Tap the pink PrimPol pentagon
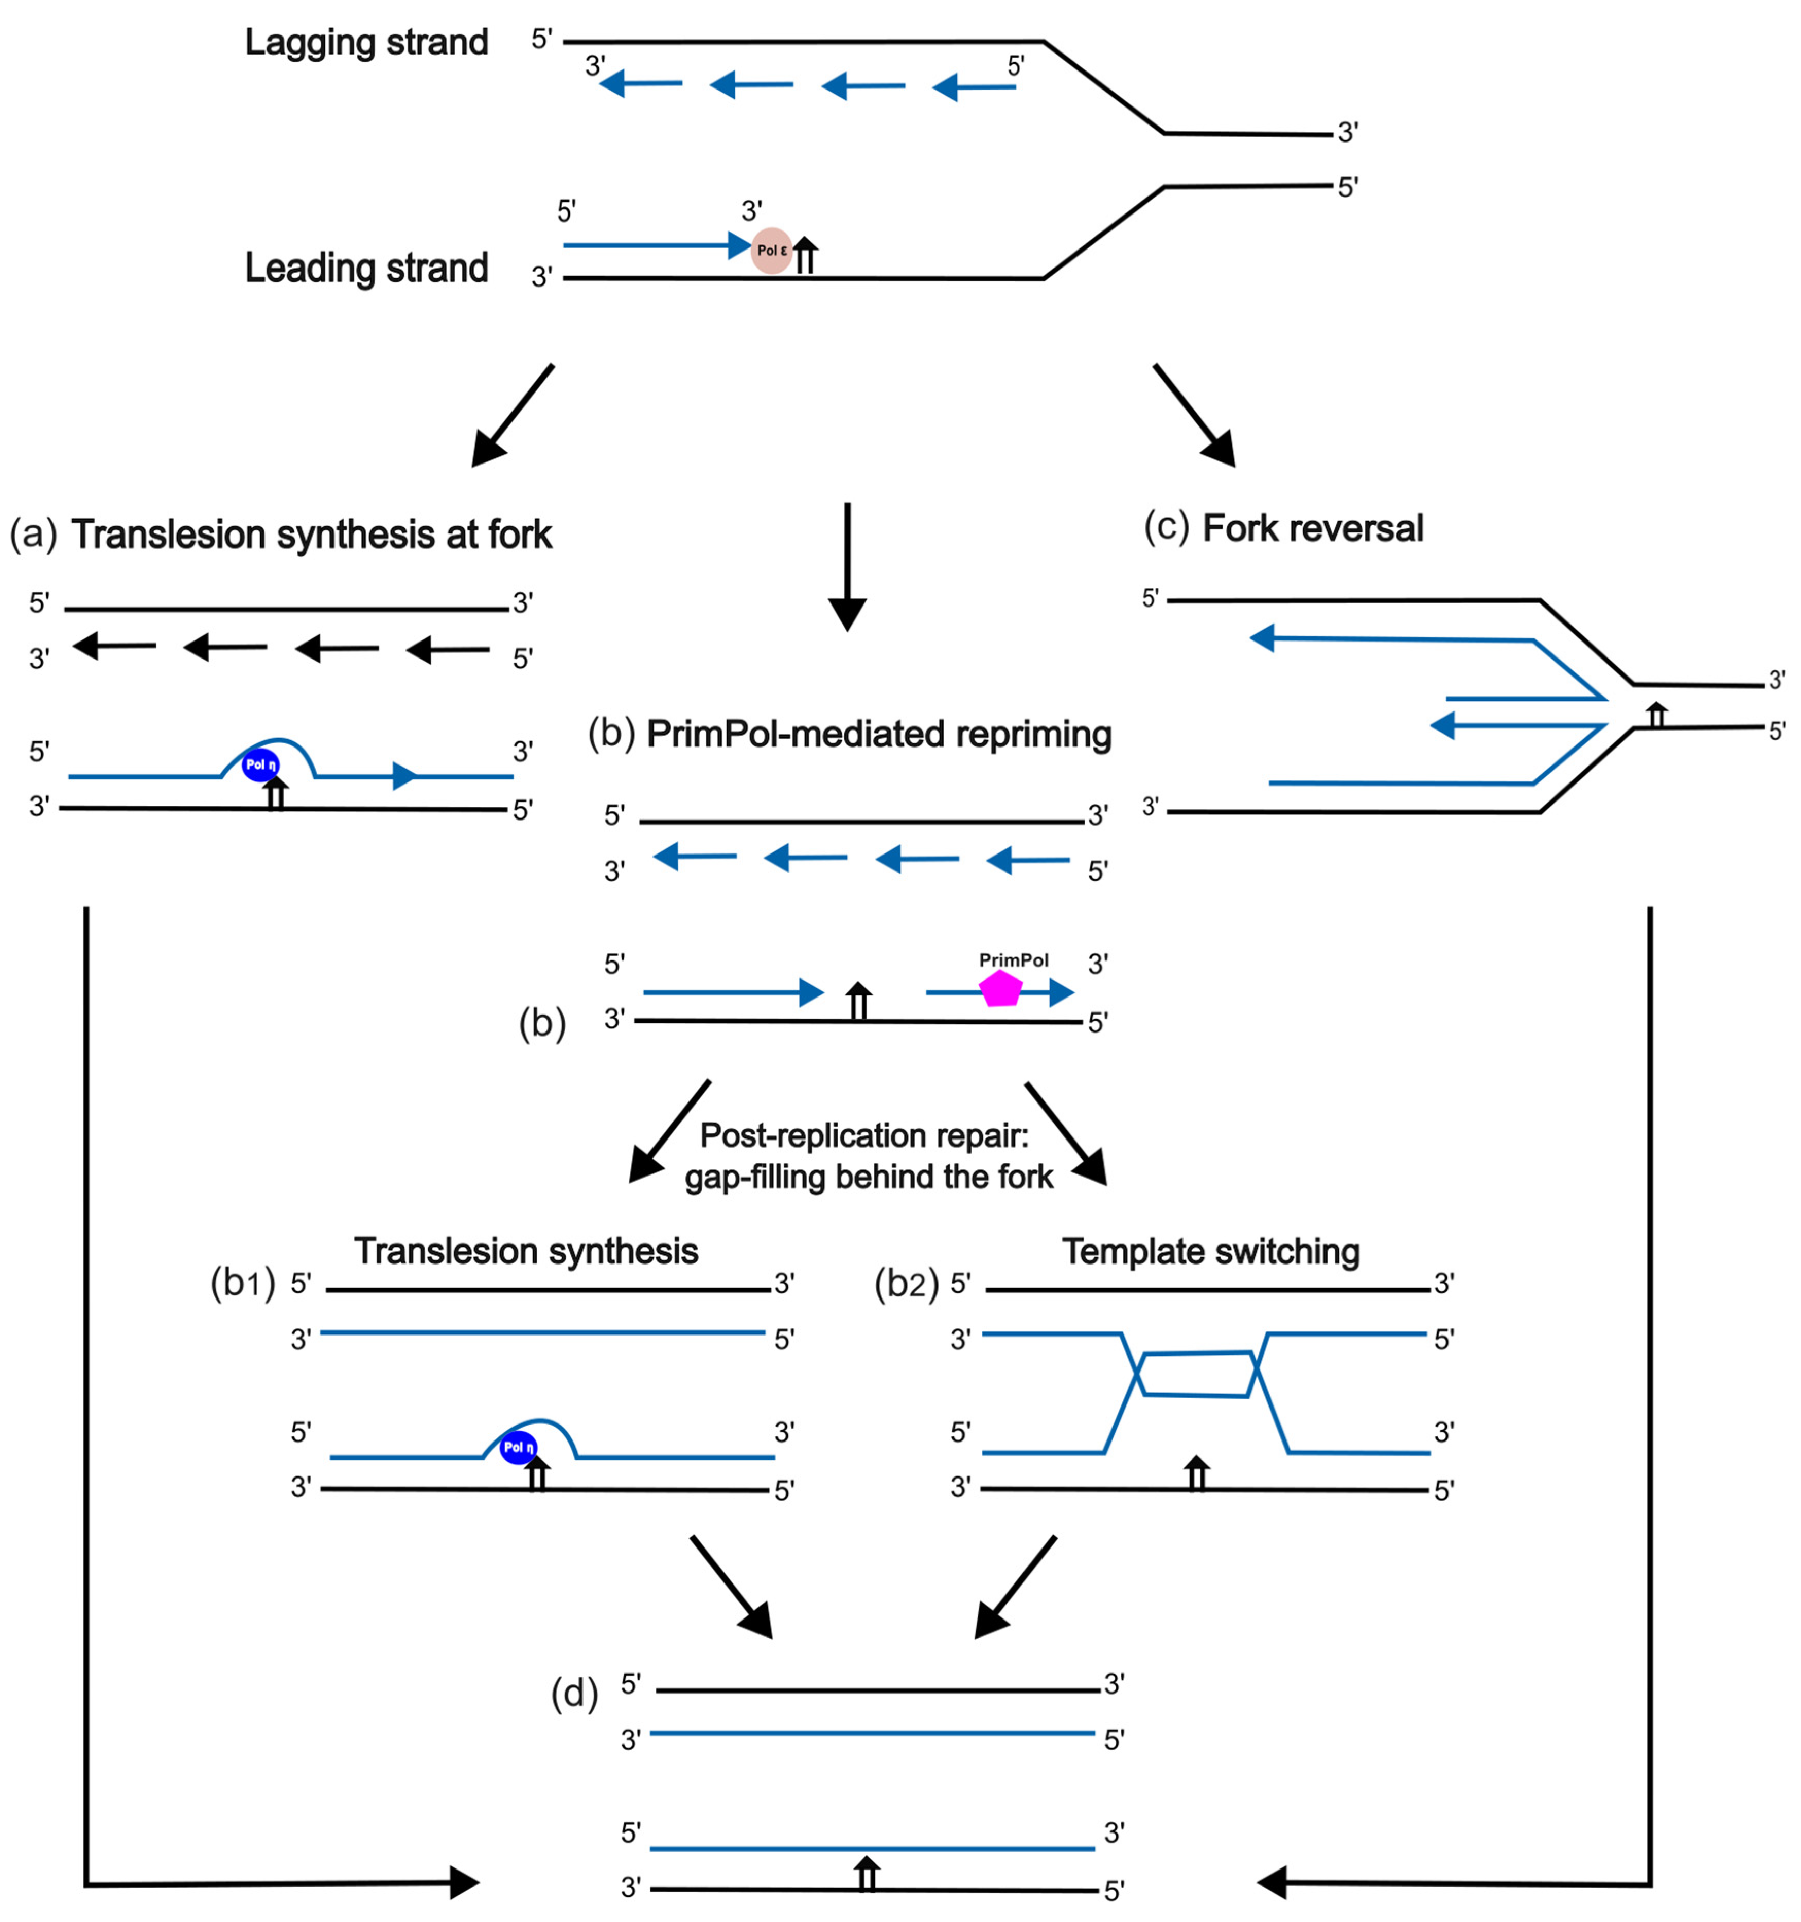pos(1001,989)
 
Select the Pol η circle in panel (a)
pos(260,765)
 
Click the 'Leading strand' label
pos(366,268)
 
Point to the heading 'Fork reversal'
pos(1313,529)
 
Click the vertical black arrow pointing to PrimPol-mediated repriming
pos(847,565)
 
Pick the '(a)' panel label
pos(34,533)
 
